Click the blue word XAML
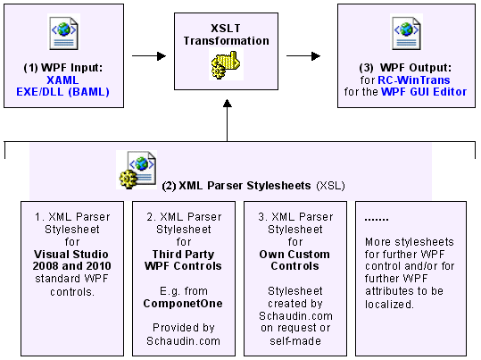coord(64,79)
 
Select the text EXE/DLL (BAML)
coord(64,91)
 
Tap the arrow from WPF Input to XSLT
coord(148,55)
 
